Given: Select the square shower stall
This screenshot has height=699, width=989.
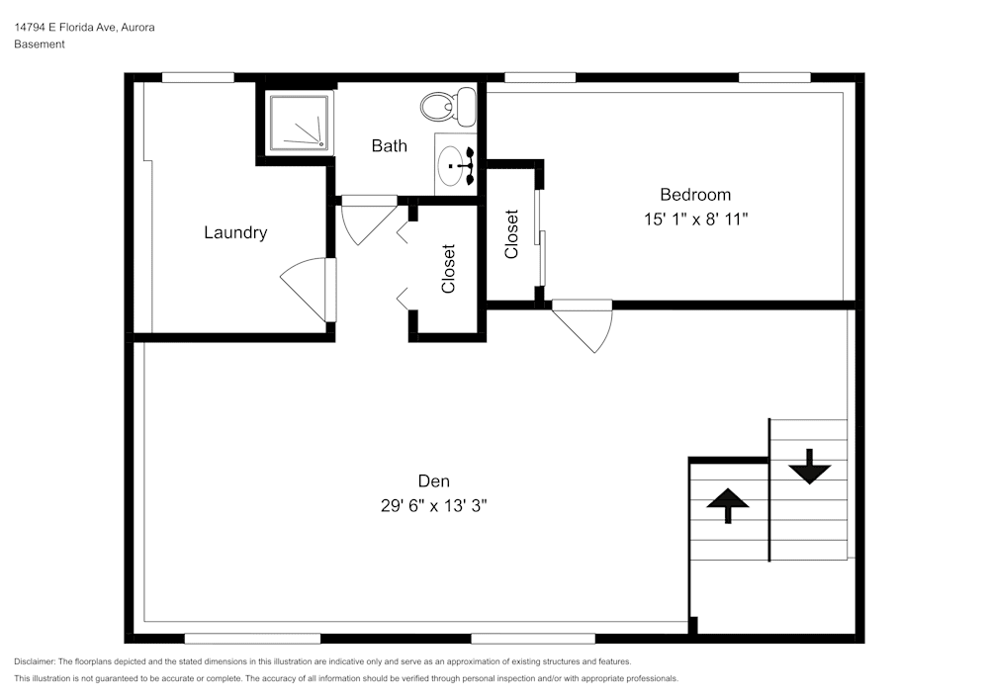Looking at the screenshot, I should pos(298,123).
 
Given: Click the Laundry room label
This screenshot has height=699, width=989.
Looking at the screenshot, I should pos(235,233).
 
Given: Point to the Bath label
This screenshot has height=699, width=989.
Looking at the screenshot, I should pos(389,146).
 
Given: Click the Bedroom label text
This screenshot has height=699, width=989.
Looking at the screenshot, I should pos(695,195).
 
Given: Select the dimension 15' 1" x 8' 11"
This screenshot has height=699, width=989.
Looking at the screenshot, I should pos(695,219).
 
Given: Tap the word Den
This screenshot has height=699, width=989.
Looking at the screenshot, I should pos(434,481).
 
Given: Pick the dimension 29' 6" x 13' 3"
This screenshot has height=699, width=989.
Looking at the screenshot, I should pos(434,505).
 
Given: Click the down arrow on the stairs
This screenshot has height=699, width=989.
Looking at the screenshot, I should pos(809,467).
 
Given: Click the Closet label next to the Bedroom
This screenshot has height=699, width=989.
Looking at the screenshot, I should pos(511,234).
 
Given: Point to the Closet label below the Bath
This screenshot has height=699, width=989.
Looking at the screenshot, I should pos(448,269).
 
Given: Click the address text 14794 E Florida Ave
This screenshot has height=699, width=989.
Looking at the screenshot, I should pos(84,28).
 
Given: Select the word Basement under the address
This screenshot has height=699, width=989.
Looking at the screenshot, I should pos(40,44).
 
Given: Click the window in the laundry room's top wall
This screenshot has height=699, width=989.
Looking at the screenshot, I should pos(198,77).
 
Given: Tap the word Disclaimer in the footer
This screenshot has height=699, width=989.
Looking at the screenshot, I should pos(35,661).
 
